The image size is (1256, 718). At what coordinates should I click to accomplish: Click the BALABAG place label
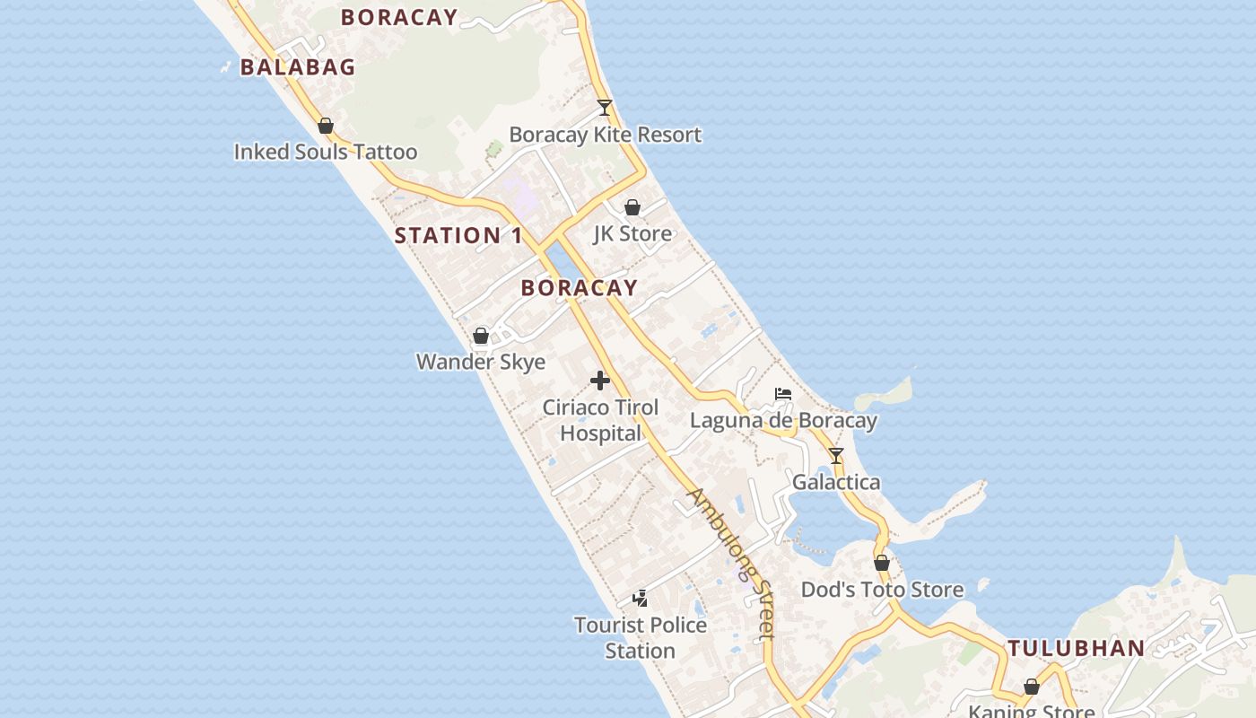298,67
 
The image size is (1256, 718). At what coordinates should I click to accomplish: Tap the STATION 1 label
458,236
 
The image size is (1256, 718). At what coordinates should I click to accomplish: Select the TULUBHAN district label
1076,648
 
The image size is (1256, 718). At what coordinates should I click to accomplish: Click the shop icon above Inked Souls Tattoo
326,126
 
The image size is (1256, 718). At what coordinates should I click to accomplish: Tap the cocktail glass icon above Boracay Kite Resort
605,108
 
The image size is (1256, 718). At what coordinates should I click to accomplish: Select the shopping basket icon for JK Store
632,207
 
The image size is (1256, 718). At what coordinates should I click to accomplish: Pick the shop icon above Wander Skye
481,336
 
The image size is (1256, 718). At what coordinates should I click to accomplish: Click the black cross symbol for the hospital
600,381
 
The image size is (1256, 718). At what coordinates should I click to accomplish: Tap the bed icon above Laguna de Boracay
783,394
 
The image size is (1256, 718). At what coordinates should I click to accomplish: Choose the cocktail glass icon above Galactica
836,456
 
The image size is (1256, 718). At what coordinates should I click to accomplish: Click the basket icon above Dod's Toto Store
882,563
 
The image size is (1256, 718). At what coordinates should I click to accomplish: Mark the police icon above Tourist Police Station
641,598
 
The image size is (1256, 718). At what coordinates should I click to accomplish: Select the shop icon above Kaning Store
1032,687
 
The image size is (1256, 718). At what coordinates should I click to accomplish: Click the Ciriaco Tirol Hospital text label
600,420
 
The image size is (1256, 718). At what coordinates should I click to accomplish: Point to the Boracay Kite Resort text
605,135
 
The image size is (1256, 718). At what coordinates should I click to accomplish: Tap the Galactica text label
836,483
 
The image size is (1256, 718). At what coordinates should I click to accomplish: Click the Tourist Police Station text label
641,637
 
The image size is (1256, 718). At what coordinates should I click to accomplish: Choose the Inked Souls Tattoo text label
326,152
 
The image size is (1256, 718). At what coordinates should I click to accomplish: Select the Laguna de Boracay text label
783,420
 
